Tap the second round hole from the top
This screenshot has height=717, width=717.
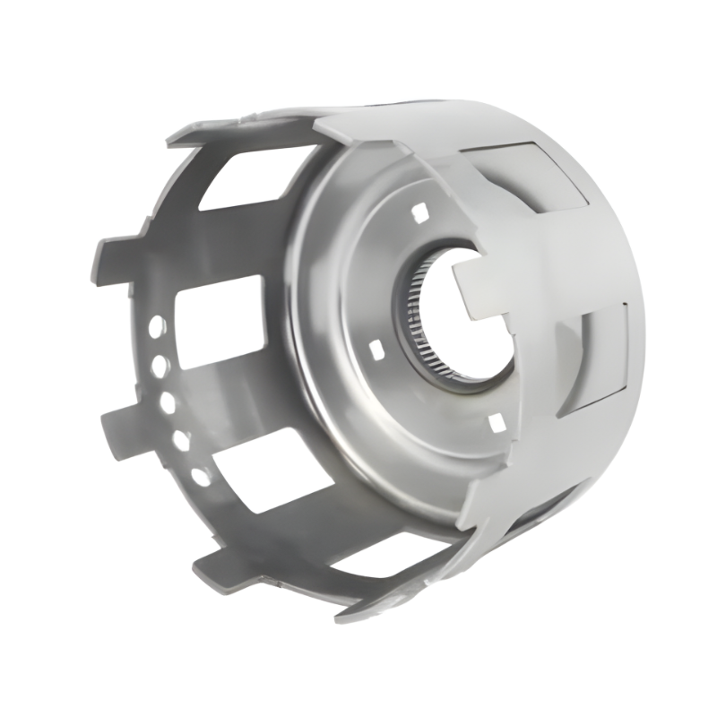tap(160, 366)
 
